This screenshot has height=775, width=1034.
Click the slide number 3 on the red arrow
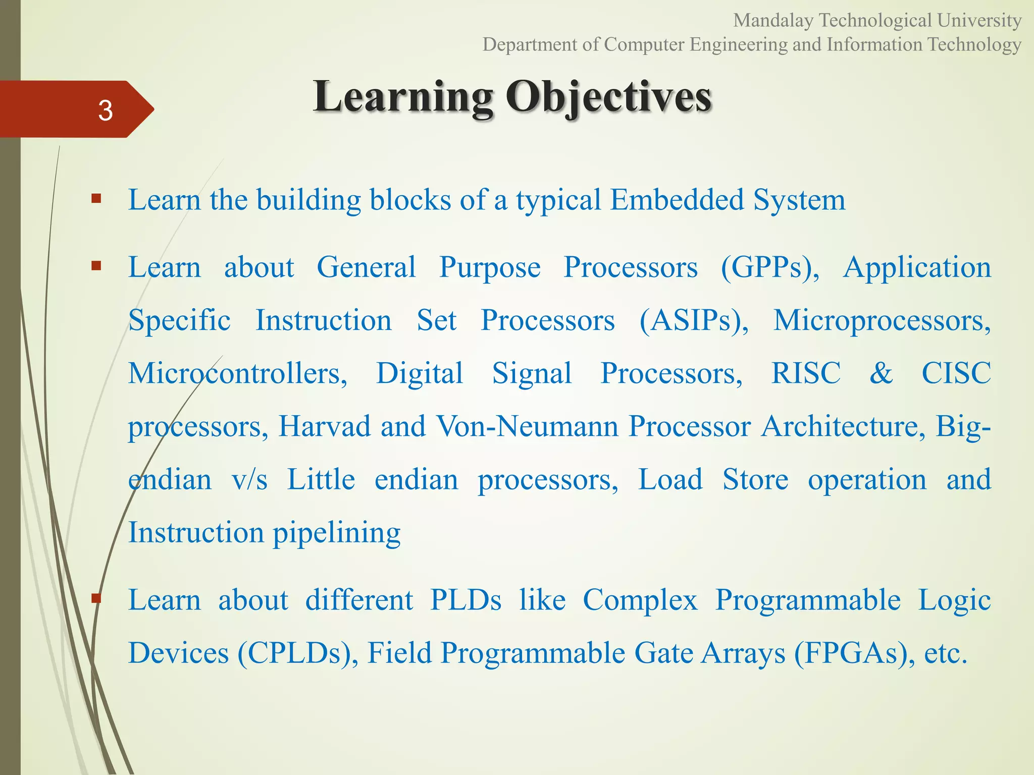tap(105, 110)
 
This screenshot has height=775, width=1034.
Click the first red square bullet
tap(96, 198)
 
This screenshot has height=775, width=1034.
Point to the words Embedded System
tap(728, 200)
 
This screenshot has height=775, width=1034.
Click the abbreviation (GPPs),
tap(770, 267)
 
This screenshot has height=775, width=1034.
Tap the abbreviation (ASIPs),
tap(694, 320)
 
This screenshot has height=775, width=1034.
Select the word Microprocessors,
tap(882, 320)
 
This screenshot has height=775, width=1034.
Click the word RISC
tap(806, 373)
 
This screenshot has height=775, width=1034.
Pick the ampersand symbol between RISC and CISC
tap(881, 373)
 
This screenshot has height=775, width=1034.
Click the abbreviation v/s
tap(249, 479)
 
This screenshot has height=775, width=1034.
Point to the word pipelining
tap(337, 533)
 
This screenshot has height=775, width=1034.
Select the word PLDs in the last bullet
tap(466, 600)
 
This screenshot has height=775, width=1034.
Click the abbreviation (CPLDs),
tap(298, 653)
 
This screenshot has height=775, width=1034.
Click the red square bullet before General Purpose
tap(96, 265)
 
